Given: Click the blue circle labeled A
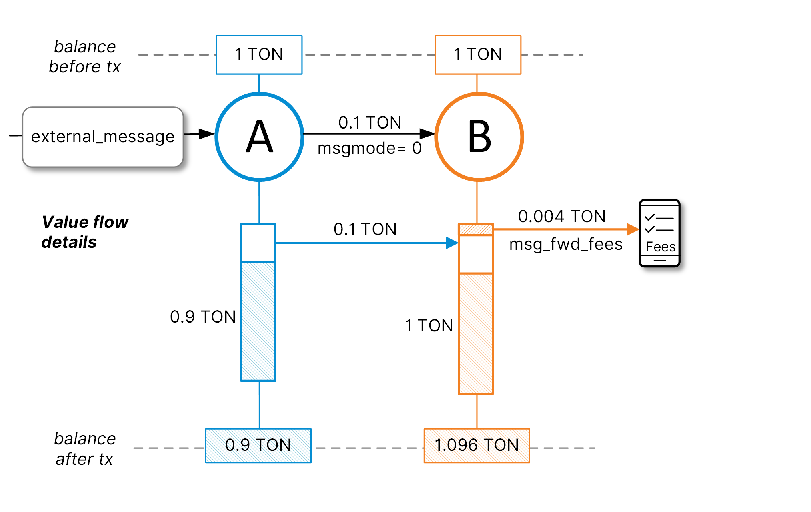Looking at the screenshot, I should coord(259,137).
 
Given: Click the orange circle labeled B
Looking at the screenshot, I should coord(479,137).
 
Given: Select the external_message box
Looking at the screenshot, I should coord(103,137).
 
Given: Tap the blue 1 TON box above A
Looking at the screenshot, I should coord(259,55).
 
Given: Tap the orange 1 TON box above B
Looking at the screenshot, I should coord(478,55).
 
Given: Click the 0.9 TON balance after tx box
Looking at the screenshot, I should coord(258,446).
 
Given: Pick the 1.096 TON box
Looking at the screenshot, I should coord(477,446).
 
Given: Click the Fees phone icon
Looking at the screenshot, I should coord(659,233).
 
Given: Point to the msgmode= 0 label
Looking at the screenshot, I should coord(369,149).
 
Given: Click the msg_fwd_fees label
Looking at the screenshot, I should coord(565,244).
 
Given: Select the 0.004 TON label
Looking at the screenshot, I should coord(561,217).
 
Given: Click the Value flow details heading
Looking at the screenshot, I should coord(85,232).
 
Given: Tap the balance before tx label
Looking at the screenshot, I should coord(85,57).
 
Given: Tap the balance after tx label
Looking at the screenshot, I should coord(85,449).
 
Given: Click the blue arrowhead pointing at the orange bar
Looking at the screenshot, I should coord(452,243).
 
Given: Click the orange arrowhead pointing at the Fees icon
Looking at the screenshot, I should coord(633,229).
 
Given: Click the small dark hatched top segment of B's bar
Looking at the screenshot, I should coord(475,229).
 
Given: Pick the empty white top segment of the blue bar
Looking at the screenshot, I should coord(258,243).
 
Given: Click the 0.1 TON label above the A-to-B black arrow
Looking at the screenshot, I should coord(370,123).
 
